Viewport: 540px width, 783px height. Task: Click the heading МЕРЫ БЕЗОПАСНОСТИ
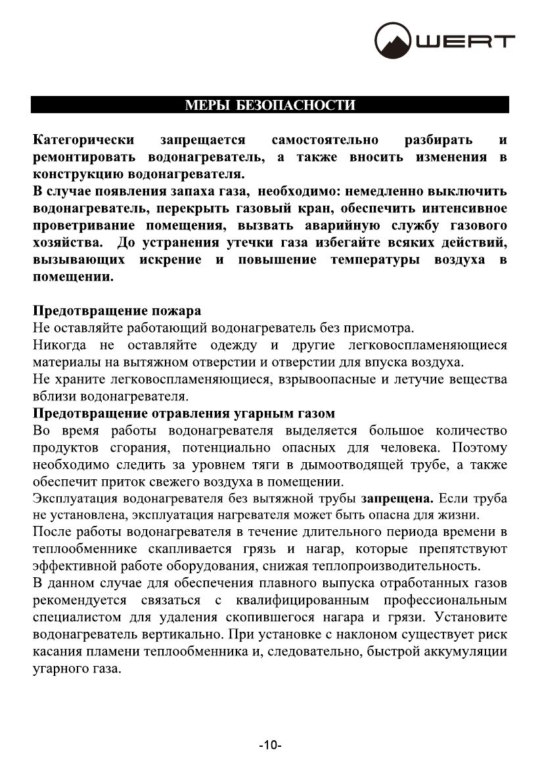click(270, 105)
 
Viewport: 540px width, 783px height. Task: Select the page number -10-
click(270, 746)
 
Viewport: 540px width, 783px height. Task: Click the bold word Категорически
click(84, 140)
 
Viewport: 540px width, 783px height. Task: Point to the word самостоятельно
click(325, 140)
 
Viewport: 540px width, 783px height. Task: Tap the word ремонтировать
click(84, 158)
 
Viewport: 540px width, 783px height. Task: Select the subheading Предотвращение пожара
click(117, 310)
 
